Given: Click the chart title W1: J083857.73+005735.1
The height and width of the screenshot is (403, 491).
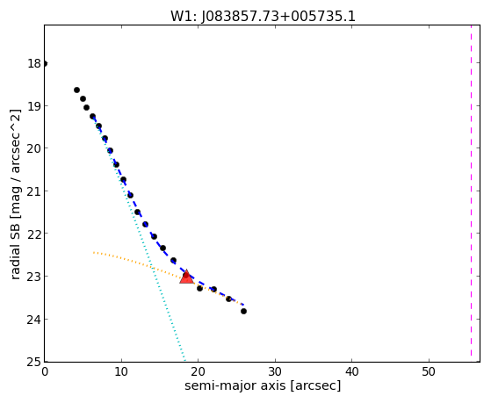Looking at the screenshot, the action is (x=263, y=17).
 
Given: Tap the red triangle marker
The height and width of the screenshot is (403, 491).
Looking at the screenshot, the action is (x=186, y=277).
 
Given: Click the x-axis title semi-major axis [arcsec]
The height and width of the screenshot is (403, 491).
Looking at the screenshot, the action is (x=263, y=385).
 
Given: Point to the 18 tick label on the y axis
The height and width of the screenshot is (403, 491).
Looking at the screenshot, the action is (x=34, y=63).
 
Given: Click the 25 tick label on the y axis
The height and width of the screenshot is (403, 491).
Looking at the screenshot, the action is (x=34, y=363).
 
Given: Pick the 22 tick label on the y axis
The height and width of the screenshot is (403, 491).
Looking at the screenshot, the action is (x=34, y=234).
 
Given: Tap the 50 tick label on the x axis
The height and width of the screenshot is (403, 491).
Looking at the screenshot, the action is (x=429, y=372).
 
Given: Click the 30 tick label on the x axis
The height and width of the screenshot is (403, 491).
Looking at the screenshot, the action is (x=275, y=372).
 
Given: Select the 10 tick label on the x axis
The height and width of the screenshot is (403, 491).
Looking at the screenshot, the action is (x=121, y=372).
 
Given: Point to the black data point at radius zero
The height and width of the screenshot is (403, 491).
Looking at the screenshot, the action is (x=45, y=63).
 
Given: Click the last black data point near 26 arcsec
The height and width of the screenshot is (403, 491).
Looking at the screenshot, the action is (x=243, y=312).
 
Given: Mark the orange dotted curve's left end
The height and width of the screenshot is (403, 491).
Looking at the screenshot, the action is (x=94, y=252).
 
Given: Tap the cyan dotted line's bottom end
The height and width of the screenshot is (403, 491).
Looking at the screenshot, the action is (x=184, y=360).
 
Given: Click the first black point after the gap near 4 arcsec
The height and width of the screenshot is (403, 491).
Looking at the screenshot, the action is (x=76, y=90).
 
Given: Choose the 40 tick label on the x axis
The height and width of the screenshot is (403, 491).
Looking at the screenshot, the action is (x=351, y=372).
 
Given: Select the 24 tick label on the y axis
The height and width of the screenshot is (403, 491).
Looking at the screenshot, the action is (x=34, y=320).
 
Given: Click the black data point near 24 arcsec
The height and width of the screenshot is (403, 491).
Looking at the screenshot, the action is (x=229, y=299).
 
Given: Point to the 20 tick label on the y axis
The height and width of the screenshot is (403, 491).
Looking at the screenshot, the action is (x=34, y=148).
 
